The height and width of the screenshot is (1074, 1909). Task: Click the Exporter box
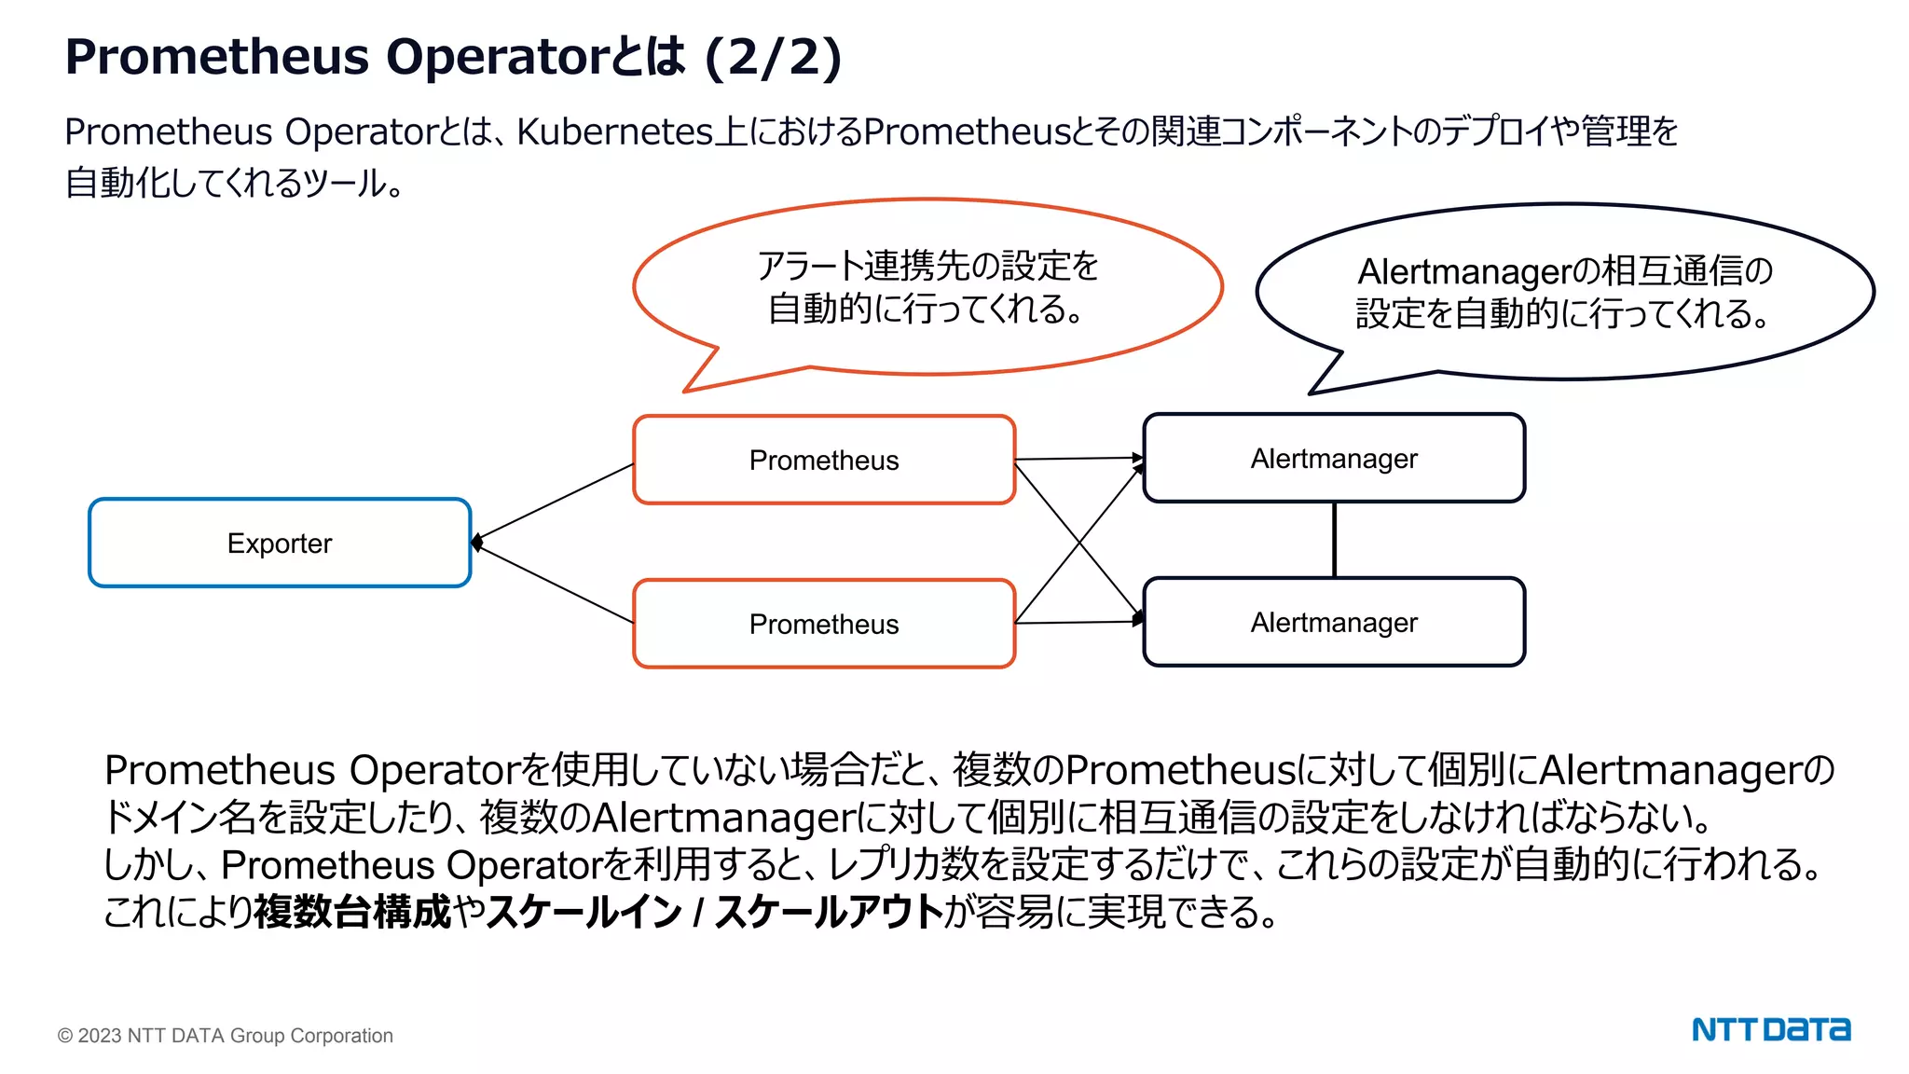coord(280,543)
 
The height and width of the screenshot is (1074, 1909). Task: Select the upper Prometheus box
coord(824,460)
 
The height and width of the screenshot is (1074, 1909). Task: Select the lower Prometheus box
coord(824,624)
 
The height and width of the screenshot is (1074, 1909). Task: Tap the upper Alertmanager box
coord(1334,458)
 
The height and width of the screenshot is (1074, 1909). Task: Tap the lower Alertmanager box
coord(1334,622)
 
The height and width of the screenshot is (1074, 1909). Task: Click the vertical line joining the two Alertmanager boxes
coord(1335,540)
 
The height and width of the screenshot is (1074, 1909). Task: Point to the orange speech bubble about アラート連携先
coord(927,287)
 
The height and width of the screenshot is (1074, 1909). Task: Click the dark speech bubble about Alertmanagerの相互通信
coord(1564,292)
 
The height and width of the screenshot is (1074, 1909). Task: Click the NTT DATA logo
coord(1771,1030)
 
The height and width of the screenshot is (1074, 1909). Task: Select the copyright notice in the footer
coord(226,1036)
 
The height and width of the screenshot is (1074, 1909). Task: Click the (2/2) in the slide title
coord(774,57)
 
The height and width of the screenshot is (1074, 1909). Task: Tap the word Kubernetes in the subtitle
coord(614,132)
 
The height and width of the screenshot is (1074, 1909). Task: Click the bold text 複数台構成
coord(352,912)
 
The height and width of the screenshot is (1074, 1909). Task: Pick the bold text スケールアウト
coord(830,912)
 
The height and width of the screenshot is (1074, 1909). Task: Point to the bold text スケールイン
coord(584,912)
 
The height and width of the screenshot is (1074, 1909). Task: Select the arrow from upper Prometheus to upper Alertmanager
coord(1078,459)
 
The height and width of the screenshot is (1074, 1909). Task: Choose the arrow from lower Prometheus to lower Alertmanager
coord(1078,622)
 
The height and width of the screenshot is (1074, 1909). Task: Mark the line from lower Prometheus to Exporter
coord(556,584)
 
